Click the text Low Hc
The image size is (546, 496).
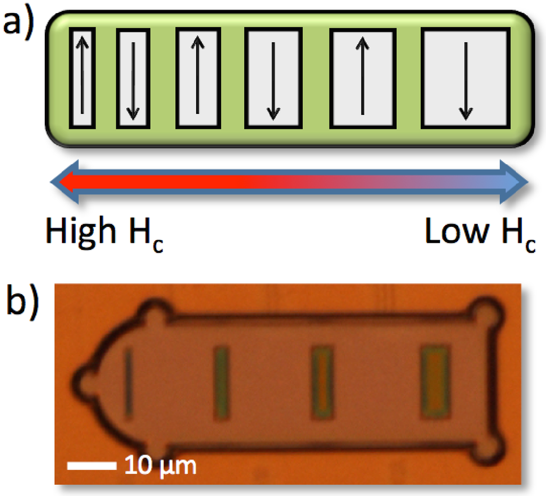coord(480,233)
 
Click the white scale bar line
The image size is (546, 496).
coord(92,466)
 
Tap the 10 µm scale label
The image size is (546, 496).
coord(160,466)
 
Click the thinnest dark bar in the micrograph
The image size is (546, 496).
coord(128,381)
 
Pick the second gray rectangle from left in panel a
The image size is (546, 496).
coord(133,78)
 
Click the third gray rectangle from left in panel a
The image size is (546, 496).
coord(197,78)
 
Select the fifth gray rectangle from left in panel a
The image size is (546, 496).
coord(363,79)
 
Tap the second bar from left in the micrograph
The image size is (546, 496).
coord(221,381)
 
